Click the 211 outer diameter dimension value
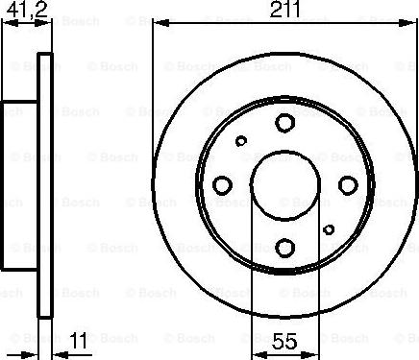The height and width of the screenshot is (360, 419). pyautogui.click(x=285, y=11)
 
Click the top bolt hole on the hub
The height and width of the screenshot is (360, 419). pyautogui.click(x=284, y=122)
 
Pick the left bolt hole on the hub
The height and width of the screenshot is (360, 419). pyautogui.click(x=222, y=184)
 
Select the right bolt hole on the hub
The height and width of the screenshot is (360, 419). pyautogui.click(x=348, y=184)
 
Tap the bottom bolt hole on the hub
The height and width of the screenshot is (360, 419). pyautogui.click(x=284, y=247)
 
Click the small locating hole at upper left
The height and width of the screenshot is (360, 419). pyautogui.click(x=242, y=140)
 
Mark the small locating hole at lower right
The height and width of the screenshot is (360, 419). pyautogui.click(x=329, y=228)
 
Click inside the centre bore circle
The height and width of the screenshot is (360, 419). pyautogui.click(x=284, y=184)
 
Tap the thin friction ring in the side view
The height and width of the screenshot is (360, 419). pyautogui.click(x=42, y=184)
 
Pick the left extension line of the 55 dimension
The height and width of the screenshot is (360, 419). pyautogui.click(x=252, y=288)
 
